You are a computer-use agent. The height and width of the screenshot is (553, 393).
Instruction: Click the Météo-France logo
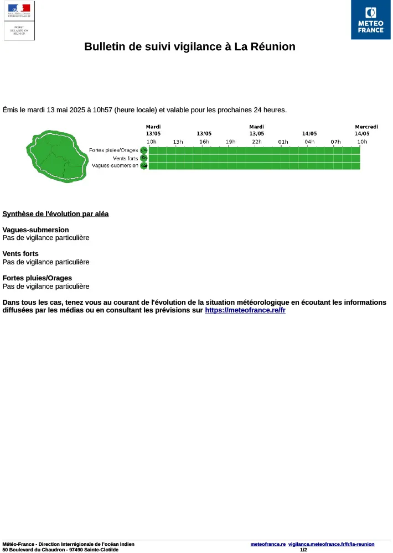(x=370, y=20)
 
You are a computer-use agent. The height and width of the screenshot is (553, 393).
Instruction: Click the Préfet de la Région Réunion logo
(x=19, y=20)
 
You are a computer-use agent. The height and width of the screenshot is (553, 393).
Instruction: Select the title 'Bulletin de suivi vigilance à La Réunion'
(x=190, y=47)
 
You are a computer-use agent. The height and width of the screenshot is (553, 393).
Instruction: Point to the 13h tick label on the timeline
(x=178, y=142)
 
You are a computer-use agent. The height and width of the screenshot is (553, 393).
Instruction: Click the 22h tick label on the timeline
(x=257, y=142)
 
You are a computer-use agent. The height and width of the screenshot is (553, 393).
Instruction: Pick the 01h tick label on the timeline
(x=283, y=142)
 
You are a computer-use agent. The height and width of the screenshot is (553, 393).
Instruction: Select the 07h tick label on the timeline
(x=335, y=142)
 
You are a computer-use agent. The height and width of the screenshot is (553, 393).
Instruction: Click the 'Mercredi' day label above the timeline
(x=366, y=127)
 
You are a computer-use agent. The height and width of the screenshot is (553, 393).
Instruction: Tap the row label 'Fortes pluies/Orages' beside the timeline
(x=113, y=150)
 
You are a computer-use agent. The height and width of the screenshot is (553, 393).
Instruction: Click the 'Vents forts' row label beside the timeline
(x=125, y=158)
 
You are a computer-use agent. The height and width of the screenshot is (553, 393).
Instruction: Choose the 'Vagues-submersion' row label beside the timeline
(x=115, y=166)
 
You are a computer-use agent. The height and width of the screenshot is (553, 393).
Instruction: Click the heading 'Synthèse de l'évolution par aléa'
(x=55, y=214)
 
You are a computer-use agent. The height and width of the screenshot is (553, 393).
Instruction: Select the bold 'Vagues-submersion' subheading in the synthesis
(x=36, y=230)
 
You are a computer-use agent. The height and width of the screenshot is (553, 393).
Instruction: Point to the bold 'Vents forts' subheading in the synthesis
(x=20, y=254)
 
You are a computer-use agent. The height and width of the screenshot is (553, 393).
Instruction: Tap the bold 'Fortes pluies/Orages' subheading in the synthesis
(x=37, y=278)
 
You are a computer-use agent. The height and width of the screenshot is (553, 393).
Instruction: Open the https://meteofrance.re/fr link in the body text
(x=245, y=311)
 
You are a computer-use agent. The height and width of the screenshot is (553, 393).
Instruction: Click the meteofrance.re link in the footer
(x=268, y=544)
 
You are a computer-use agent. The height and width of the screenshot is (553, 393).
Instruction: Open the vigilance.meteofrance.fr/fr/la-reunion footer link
(x=332, y=544)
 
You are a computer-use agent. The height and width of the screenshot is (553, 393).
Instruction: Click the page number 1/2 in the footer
(x=303, y=550)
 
